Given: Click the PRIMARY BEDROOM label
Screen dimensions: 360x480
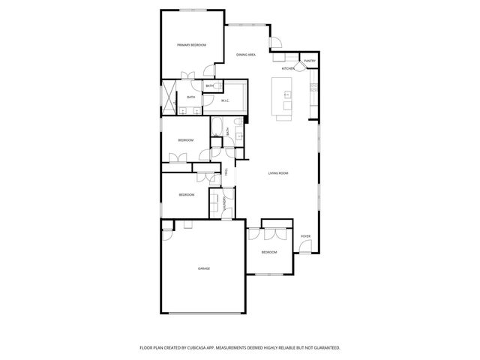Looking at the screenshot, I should pos(191,46).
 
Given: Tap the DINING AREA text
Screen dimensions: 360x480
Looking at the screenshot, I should pos(246,55).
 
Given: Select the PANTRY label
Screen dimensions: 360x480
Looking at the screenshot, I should pos(309,61).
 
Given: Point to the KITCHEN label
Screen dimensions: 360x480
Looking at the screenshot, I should pos(287,69).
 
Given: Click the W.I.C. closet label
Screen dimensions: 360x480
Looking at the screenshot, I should pos(225,100).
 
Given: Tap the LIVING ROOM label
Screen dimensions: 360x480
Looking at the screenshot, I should pos(278,173).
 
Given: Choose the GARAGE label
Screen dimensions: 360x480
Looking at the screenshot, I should pos(203,268).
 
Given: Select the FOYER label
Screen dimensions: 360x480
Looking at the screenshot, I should pos(305,236).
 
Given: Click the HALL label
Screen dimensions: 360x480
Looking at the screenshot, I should pos(226,174).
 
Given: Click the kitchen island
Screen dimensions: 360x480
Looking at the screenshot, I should pos(285,97).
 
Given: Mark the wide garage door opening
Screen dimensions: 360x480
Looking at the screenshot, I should pos(203,313).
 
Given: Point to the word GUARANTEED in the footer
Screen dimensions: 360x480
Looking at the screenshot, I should pos(325,348).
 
